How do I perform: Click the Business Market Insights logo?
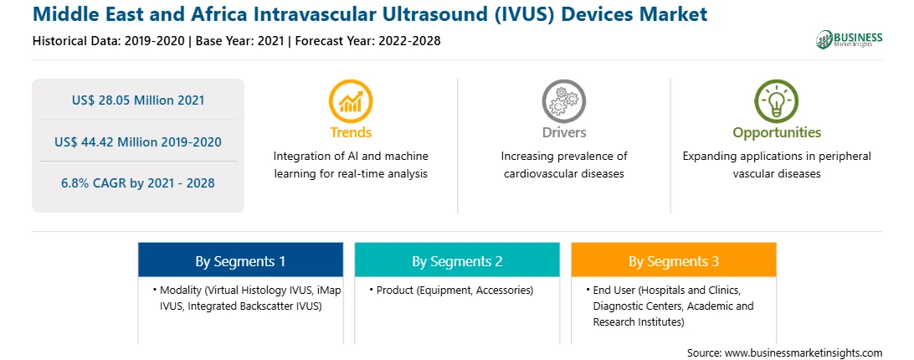(x=849, y=39)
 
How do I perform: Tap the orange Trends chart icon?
(x=351, y=100)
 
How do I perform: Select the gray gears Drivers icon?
(x=563, y=100)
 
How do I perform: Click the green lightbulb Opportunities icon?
(x=777, y=100)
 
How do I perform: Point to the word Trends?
(x=351, y=132)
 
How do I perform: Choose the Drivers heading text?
(x=563, y=132)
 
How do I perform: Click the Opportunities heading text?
(x=777, y=133)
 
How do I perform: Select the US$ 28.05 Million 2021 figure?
(x=138, y=100)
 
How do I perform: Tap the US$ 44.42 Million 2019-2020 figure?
(x=138, y=141)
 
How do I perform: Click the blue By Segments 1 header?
(x=240, y=261)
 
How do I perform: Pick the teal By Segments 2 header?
(x=457, y=261)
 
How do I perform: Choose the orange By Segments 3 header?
(x=673, y=261)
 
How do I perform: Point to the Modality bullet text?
(x=247, y=297)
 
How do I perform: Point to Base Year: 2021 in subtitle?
(x=239, y=41)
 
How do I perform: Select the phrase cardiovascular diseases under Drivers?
(x=563, y=174)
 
